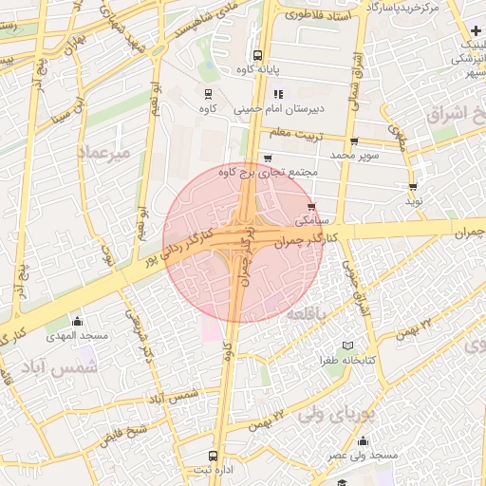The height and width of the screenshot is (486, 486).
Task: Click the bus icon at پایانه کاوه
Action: click(x=258, y=55)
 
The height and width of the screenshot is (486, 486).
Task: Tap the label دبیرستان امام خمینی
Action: click(x=268, y=109)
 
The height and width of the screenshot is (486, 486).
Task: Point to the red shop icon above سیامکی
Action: click(x=312, y=205)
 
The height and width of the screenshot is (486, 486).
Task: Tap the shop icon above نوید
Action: click(x=413, y=185)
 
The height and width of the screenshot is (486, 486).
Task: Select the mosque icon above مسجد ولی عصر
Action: click(x=363, y=440)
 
